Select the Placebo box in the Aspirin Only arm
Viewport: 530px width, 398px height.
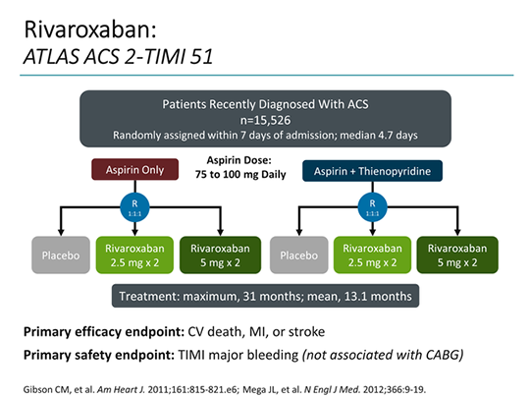point(62,256)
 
